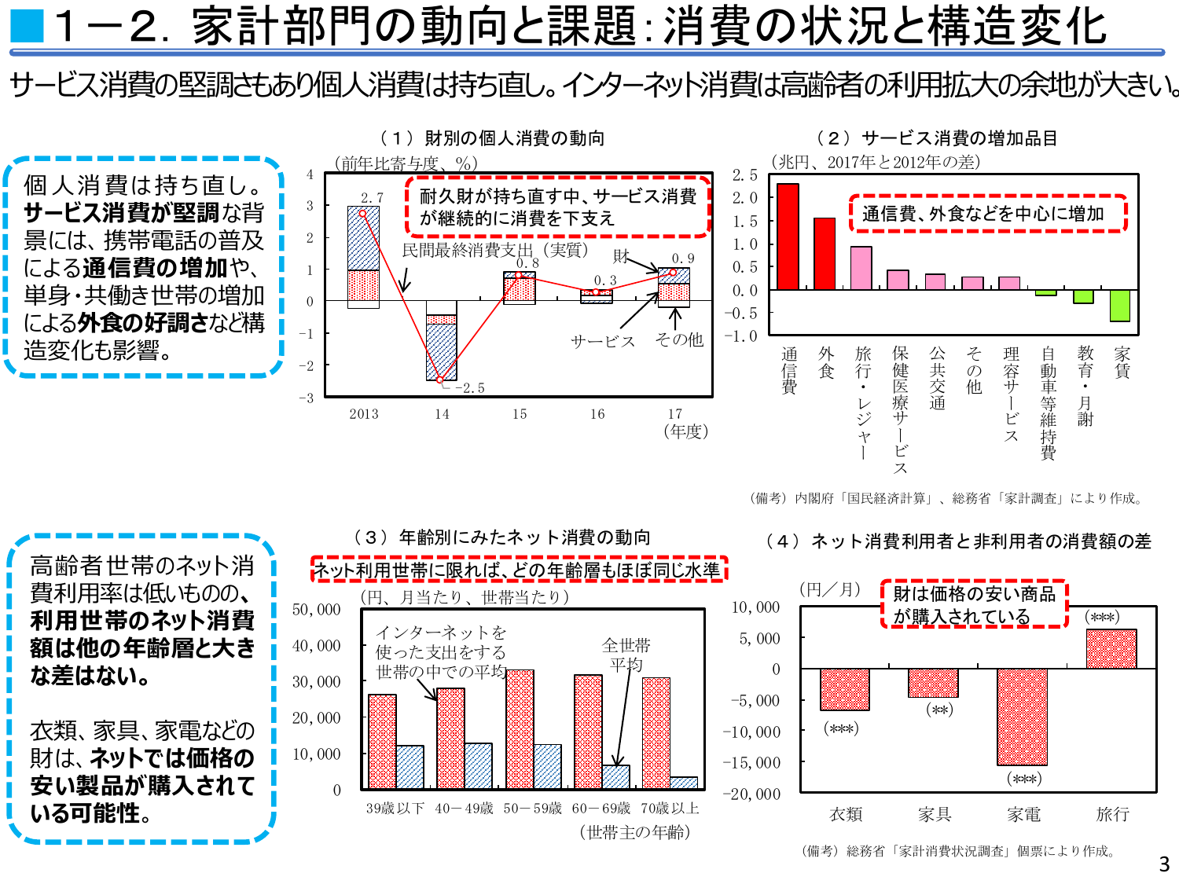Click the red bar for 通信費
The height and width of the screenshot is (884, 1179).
click(788, 237)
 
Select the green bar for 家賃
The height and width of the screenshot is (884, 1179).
click(1120, 306)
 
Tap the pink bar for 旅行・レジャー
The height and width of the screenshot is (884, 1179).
click(861, 268)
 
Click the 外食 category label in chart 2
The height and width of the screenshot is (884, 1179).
click(825, 363)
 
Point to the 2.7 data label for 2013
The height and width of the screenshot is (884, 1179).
click(372, 198)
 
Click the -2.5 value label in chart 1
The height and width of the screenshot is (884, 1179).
click(469, 388)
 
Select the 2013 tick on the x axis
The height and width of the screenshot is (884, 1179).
click(364, 414)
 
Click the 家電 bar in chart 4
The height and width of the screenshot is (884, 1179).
click(1022, 717)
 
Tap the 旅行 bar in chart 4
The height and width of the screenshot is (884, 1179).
click(1111, 649)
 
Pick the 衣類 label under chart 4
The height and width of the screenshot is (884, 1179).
click(846, 815)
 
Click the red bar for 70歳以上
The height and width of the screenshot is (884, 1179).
click(656, 732)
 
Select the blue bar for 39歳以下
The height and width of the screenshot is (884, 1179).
click(410, 767)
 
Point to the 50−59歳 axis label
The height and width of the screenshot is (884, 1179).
click(533, 809)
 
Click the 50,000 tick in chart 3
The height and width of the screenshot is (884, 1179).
click(316, 610)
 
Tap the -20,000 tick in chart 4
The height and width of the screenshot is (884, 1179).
click(751, 794)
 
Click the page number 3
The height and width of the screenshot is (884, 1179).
click(1164, 864)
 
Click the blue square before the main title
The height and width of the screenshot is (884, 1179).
click(26, 26)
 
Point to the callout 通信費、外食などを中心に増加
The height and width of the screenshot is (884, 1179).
click(988, 214)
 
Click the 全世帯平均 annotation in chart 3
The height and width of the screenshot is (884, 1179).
click(626, 655)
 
